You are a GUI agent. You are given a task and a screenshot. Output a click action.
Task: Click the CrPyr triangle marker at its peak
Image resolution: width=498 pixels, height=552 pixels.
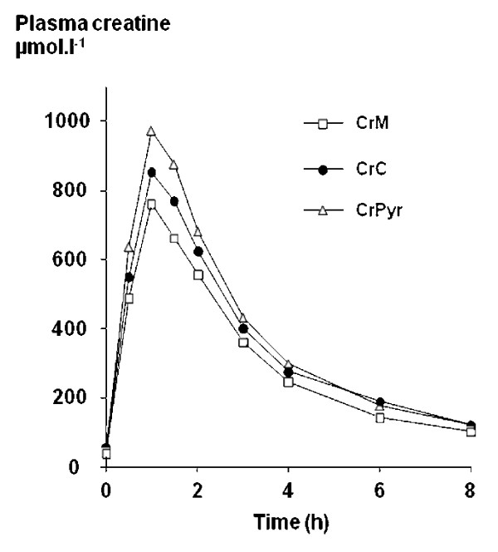tap(151, 131)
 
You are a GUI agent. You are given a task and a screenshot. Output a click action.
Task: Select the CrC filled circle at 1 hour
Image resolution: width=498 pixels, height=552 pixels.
tap(151, 173)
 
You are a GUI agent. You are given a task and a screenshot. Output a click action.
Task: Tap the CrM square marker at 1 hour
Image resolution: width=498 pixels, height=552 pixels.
tap(151, 204)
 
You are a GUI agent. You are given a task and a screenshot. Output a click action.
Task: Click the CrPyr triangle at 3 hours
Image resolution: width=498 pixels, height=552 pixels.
tap(243, 318)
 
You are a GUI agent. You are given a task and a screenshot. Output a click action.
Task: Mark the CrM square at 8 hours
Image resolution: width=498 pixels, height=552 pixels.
tap(471, 431)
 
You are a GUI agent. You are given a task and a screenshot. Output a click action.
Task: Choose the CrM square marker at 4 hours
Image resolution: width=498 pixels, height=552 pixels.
tap(289, 382)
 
